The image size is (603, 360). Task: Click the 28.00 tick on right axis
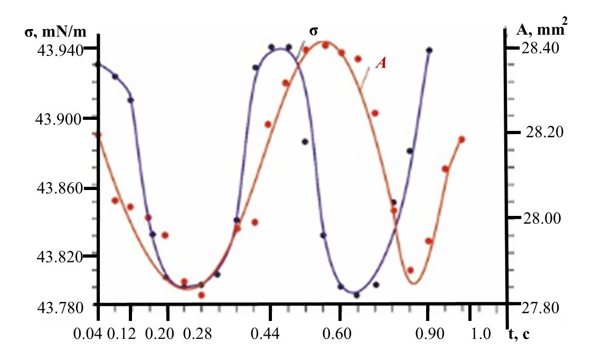point(539,218)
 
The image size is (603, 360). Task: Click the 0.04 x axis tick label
point(99,334)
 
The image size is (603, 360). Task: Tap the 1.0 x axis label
point(481,334)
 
